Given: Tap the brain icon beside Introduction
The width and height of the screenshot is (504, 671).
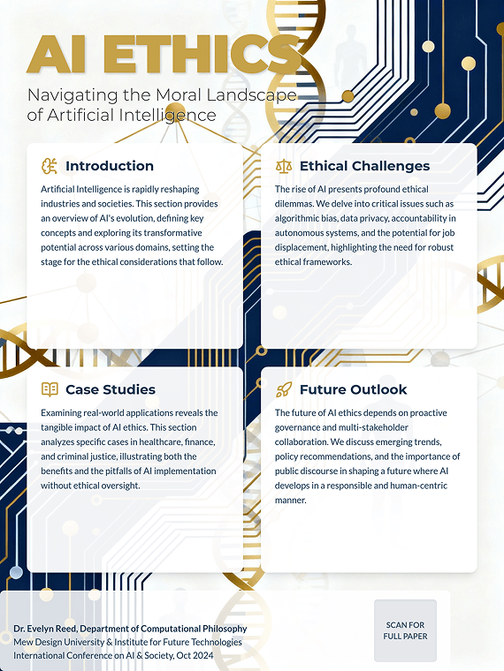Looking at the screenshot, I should coord(50,166).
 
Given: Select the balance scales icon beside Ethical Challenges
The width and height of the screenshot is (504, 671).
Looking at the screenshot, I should coord(283,166).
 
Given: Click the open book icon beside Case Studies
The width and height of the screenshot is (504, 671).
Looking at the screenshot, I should coord(50,389).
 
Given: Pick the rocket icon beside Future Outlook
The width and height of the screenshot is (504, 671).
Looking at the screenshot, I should coord(283,389).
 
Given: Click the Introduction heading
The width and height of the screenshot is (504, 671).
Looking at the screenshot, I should coord(110,166).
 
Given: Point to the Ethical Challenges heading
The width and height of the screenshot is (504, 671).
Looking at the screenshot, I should coord(364,166).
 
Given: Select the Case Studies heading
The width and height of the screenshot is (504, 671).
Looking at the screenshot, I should coord(111,389).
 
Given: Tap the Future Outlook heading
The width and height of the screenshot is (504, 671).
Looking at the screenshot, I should coord(354,389).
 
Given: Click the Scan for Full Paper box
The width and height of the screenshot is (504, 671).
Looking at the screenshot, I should coord(405,630).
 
